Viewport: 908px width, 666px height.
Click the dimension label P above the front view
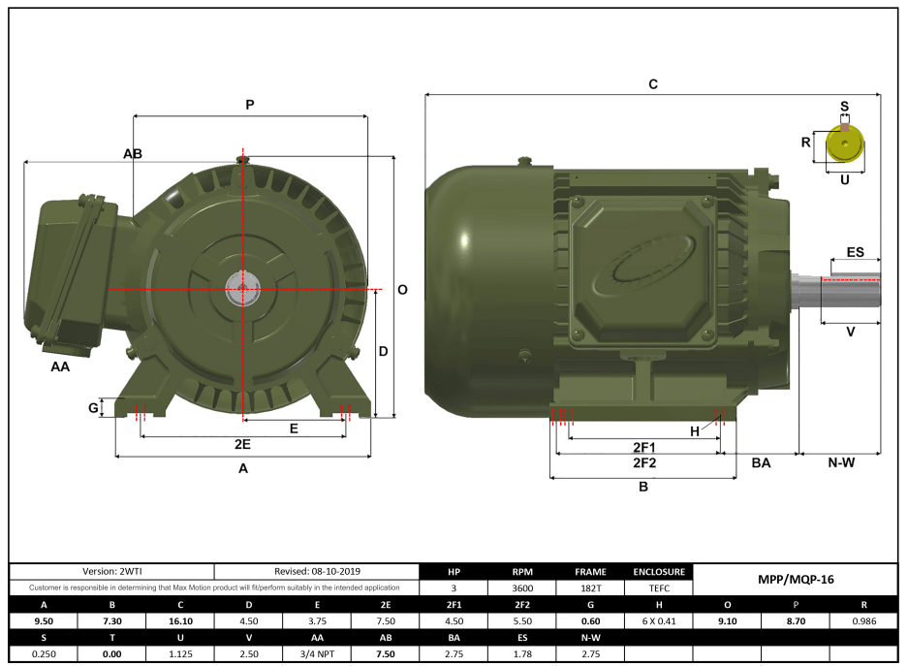(249, 105)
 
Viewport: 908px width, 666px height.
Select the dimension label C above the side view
(653, 85)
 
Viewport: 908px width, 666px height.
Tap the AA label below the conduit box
(60, 367)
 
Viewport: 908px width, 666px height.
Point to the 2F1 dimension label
(644, 447)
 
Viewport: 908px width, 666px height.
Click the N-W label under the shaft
(840, 462)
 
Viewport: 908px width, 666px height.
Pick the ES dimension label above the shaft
(855, 252)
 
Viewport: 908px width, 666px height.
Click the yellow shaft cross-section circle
(844, 146)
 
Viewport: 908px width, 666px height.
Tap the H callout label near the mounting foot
(694, 430)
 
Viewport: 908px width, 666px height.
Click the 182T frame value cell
(590, 587)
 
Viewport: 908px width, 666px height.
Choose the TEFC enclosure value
(659, 587)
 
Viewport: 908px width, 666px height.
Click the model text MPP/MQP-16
(795, 579)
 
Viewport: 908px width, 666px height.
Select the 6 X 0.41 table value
(659, 621)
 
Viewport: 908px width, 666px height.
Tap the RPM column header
(522, 572)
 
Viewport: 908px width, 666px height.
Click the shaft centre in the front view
(241, 287)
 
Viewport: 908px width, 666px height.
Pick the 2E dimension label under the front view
(242, 444)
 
